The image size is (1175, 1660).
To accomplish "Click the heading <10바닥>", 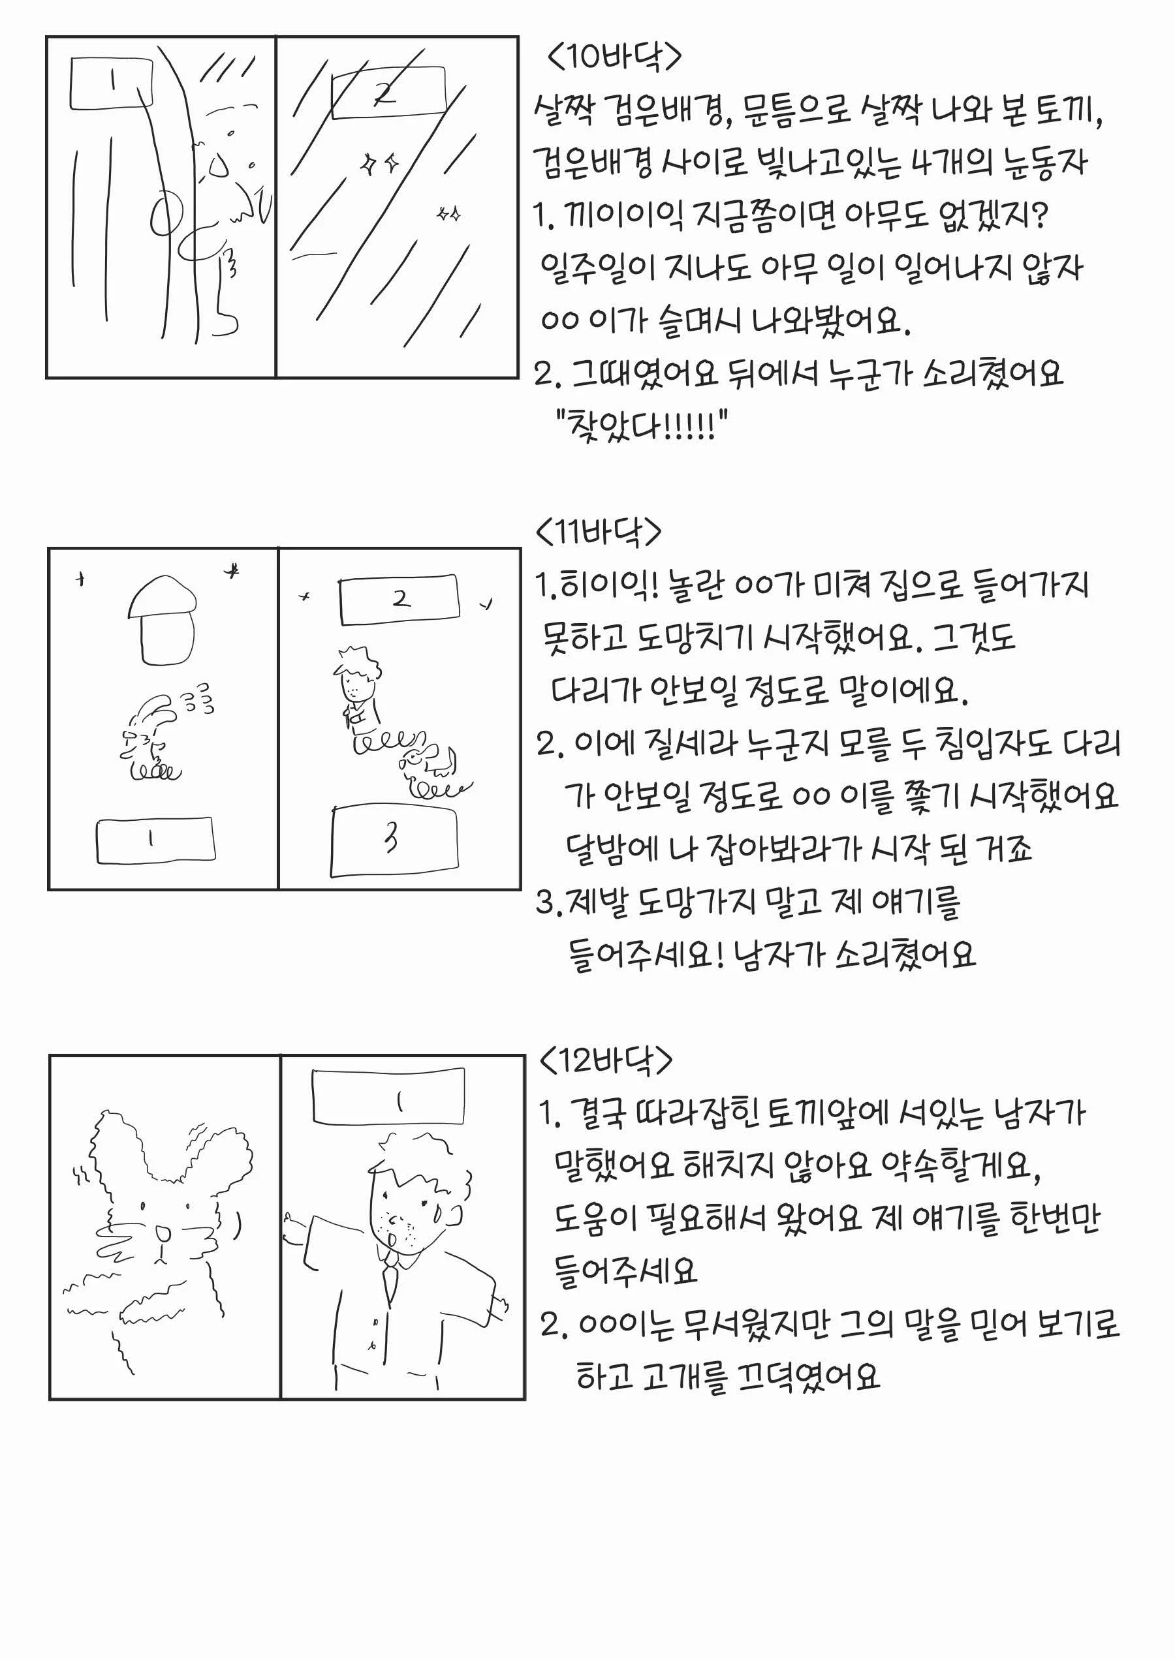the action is pos(614,56).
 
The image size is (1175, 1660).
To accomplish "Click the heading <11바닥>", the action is pos(599,532).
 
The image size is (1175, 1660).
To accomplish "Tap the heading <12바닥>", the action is pos(606,1061).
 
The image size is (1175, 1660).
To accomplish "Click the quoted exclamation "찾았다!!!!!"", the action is pos(641,425).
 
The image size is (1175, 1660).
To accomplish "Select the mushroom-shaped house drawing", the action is pos(162,620).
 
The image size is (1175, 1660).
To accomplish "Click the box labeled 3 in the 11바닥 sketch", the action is pos(394,840).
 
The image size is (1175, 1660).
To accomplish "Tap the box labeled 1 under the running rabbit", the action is pos(155,840).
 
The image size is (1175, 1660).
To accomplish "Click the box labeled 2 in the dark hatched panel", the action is pos(388,92).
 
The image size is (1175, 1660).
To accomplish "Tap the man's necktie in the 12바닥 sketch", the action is pos(390,1282).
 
